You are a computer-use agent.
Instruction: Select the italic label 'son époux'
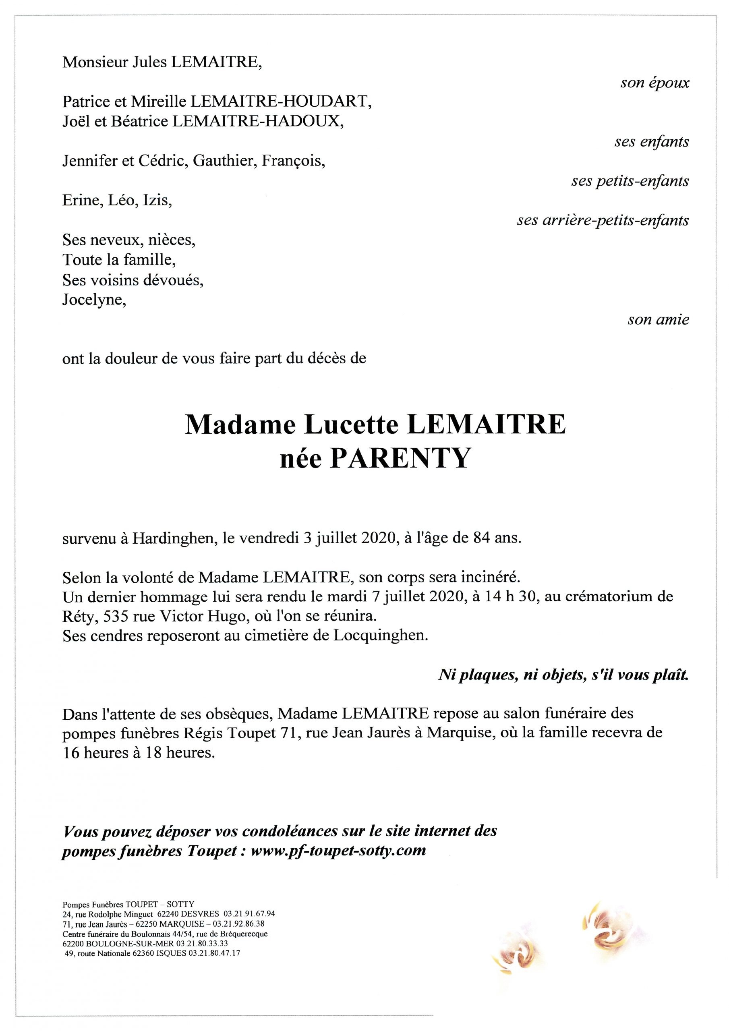tap(654, 83)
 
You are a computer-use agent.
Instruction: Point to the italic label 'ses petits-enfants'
tap(630, 181)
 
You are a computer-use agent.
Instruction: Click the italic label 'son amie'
tap(658, 320)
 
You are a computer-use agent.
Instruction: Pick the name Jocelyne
tap(94, 300)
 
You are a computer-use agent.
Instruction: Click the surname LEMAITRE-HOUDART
tap(281, 102)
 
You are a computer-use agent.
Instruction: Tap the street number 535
tap(118, 617)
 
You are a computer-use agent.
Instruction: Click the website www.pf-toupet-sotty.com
tap(338, 851)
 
